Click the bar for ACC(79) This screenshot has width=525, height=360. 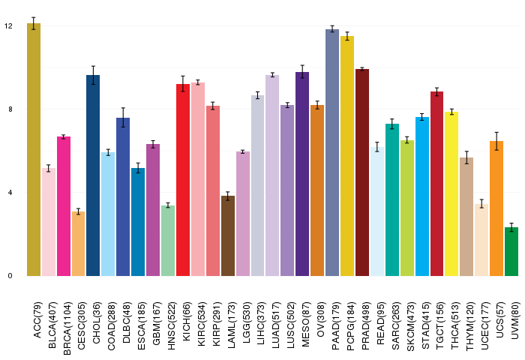coord(34,150)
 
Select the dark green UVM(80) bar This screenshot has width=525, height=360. coord(511,251)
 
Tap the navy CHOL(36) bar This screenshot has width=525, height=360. coord(93,175)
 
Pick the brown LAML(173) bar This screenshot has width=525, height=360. coord(228,236)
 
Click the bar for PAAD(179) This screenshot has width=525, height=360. coord(332,153)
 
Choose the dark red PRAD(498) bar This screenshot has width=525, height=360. coord(362,172)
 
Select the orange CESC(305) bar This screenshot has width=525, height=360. coord(78,244)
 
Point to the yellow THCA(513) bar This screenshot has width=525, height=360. coord(451,194)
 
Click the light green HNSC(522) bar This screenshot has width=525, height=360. coord(168,241)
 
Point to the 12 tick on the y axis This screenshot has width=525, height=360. coord(8,25)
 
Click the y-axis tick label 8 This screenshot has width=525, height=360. coord(10,109)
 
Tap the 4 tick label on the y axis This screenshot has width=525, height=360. coord(10,193)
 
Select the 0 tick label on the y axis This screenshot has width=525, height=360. coord(10,275)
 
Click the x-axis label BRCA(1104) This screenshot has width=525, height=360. coord(67,328)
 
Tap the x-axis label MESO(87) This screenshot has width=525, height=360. coord(306,324)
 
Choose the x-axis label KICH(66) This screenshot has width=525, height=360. coord(187,322)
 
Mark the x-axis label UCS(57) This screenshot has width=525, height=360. coord(500,319)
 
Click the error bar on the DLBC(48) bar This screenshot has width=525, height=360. coord(123,118)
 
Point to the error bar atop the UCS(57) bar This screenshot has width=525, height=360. coord(496,141)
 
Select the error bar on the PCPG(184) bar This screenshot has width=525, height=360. coord(347,36)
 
